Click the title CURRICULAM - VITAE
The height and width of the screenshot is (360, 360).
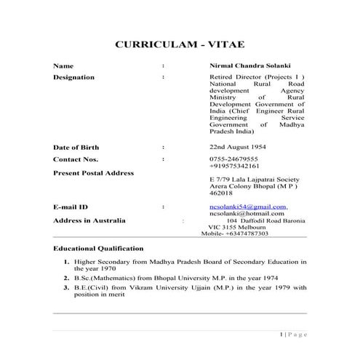[x=180, y=45]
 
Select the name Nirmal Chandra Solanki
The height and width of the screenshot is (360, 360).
[x=248, y=66]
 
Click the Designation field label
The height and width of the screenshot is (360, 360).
[x=73, y=77]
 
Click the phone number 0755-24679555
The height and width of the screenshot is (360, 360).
[x=233, y=159]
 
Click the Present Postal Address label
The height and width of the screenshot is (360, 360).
[x=93, y=173]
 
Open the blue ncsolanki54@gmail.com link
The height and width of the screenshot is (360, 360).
[x=247, y=207]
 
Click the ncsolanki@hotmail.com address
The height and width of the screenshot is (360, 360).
[x=246, y=214]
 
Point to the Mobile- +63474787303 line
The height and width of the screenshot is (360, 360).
[x=234, y=233]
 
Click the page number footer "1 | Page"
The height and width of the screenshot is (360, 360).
[x=294, y=334]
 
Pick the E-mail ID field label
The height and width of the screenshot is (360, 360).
[x=71, y=207]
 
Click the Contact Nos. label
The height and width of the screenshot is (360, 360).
[x=76, y=159]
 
